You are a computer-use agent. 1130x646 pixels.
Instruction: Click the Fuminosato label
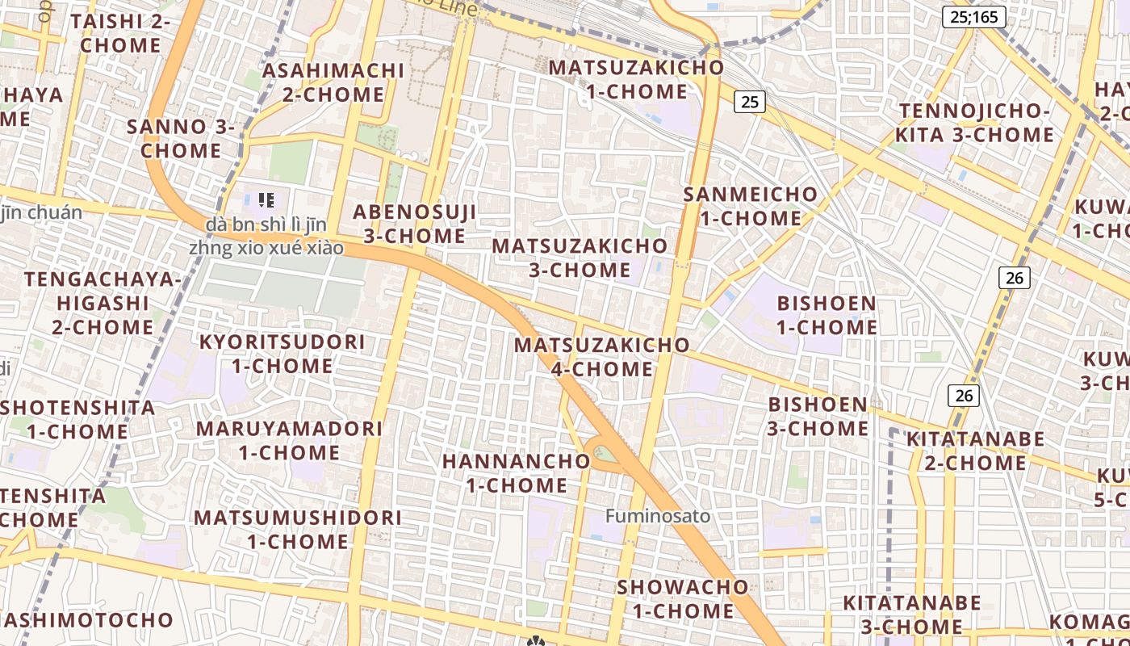658,516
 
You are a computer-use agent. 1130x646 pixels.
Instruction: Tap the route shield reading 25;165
973,16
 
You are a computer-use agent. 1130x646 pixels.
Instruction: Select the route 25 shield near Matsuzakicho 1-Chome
750,101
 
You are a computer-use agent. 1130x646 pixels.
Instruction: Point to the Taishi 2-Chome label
120,33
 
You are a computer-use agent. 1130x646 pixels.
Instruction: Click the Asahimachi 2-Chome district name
333,82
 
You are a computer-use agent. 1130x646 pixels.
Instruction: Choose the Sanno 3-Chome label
181,138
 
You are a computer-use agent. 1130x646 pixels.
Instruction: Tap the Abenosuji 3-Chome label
414,224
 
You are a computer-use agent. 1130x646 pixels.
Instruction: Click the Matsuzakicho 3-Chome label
580,257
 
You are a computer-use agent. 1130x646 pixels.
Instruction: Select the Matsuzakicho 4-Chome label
602,356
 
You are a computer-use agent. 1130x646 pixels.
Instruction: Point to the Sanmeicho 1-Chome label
750,206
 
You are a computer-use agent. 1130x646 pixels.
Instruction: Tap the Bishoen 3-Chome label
818,416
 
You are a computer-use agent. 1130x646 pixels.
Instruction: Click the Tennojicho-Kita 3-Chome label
975,123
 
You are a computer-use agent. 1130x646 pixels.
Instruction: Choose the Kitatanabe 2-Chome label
975,451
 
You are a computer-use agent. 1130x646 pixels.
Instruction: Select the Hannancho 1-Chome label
517,473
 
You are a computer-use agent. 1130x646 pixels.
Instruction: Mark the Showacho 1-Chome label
683,598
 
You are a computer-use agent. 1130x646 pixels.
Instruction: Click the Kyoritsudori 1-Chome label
282,353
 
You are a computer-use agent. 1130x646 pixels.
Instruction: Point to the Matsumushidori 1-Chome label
297,529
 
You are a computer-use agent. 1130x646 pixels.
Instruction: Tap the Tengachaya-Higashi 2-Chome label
103,303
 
